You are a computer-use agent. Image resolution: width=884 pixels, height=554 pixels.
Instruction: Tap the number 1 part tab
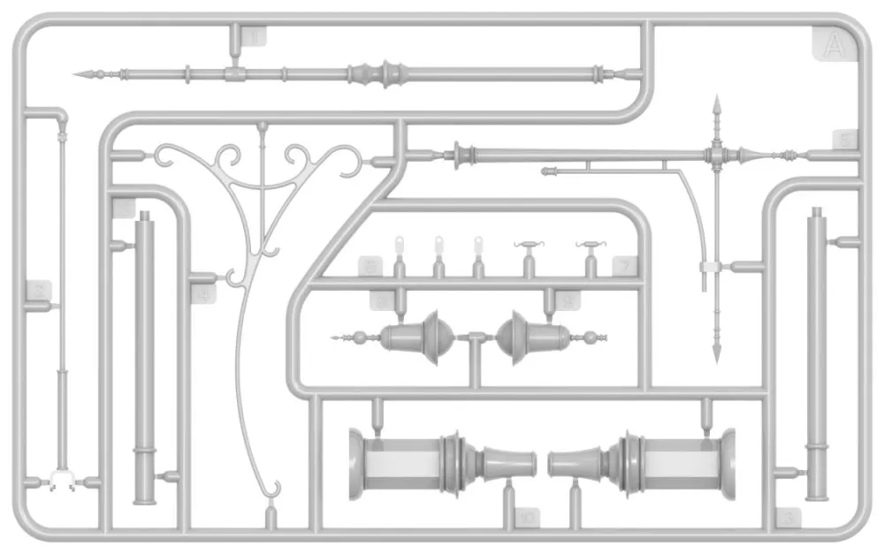tap(255, 37)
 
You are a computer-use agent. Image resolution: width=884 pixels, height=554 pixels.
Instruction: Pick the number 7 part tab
tap(624, 264)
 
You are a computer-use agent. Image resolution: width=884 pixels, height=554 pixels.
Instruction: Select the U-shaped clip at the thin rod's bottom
tap(62, 480)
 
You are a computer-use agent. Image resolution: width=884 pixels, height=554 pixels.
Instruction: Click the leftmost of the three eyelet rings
tap(399, 242)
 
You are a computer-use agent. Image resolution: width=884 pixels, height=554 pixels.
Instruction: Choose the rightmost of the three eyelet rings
tap(478, 242)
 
